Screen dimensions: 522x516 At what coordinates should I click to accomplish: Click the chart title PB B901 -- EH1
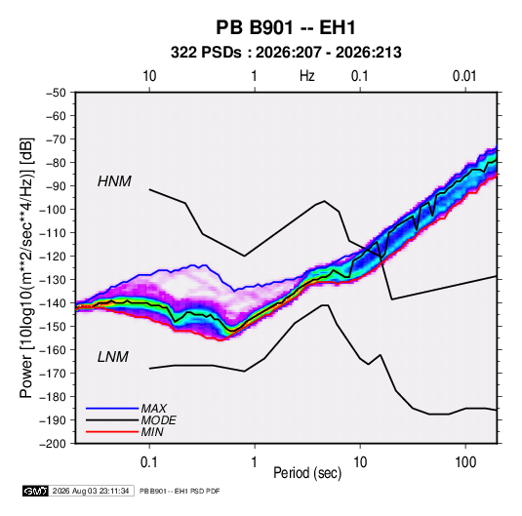click(x=286, y=27)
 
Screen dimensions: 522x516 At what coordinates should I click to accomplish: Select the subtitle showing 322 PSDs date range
click(x=286, y=53)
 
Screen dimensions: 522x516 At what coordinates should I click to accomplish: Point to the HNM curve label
click(x=114, y=181)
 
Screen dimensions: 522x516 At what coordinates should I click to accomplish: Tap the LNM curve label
click(x=113, y=357)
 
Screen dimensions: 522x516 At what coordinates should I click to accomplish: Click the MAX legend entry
click(x=153, y=409)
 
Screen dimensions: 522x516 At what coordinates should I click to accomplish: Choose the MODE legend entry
click(x=158, y=420)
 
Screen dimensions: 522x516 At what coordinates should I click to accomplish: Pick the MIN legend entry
click(x=152, y=432)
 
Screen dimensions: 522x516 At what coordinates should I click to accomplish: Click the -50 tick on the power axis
click(x=56, y=93)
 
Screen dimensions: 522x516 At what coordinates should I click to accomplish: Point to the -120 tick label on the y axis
click(x=53, y=257)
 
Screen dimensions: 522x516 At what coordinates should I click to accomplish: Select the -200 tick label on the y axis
click(x=53, y=444)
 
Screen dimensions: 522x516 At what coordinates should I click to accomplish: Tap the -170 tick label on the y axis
click(x=53, y=374)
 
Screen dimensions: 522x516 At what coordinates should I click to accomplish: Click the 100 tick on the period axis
click(x=465, y=462)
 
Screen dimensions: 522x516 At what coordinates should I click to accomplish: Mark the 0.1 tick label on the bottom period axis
click(x=149, y=462)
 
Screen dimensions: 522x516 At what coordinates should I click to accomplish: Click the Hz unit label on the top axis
click(x=307, y=76)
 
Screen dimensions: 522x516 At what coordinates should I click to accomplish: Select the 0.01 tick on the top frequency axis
click(x=464, y=76)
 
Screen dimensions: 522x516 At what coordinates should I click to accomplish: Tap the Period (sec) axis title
click(x=307, y=473)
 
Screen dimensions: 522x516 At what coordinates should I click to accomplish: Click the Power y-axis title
click(x=26, y=267)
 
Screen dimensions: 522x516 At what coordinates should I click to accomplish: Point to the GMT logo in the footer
click(x=35, y=491)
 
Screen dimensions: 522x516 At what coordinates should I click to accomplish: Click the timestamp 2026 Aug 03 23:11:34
click(x=91, y=491)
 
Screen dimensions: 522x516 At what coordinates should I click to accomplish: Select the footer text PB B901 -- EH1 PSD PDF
click(x=180, y=491)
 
